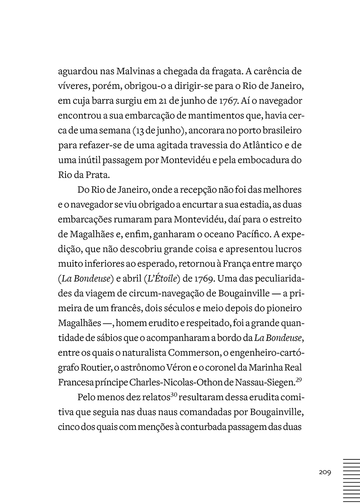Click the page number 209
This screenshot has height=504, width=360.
[x=325, y=472]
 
